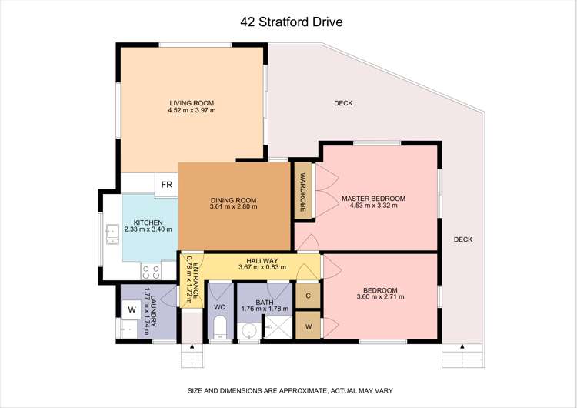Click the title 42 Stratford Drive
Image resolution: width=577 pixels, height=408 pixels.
(x=288, y=22)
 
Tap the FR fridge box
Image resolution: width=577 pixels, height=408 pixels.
(x=165, y=185)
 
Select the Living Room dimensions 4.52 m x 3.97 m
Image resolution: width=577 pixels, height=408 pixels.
(x=192, y=111)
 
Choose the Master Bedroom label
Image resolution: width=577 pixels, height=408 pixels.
(x=373, y=199)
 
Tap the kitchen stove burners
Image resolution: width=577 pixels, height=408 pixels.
(x=151, y=271)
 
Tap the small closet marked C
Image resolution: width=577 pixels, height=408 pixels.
(x=307, y=296)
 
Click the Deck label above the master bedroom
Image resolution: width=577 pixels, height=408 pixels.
(x=343, y=103)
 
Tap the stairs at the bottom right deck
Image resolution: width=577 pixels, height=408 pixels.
(x=454, y=358)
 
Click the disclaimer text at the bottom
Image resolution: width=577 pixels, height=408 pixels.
(x=288, y=391)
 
